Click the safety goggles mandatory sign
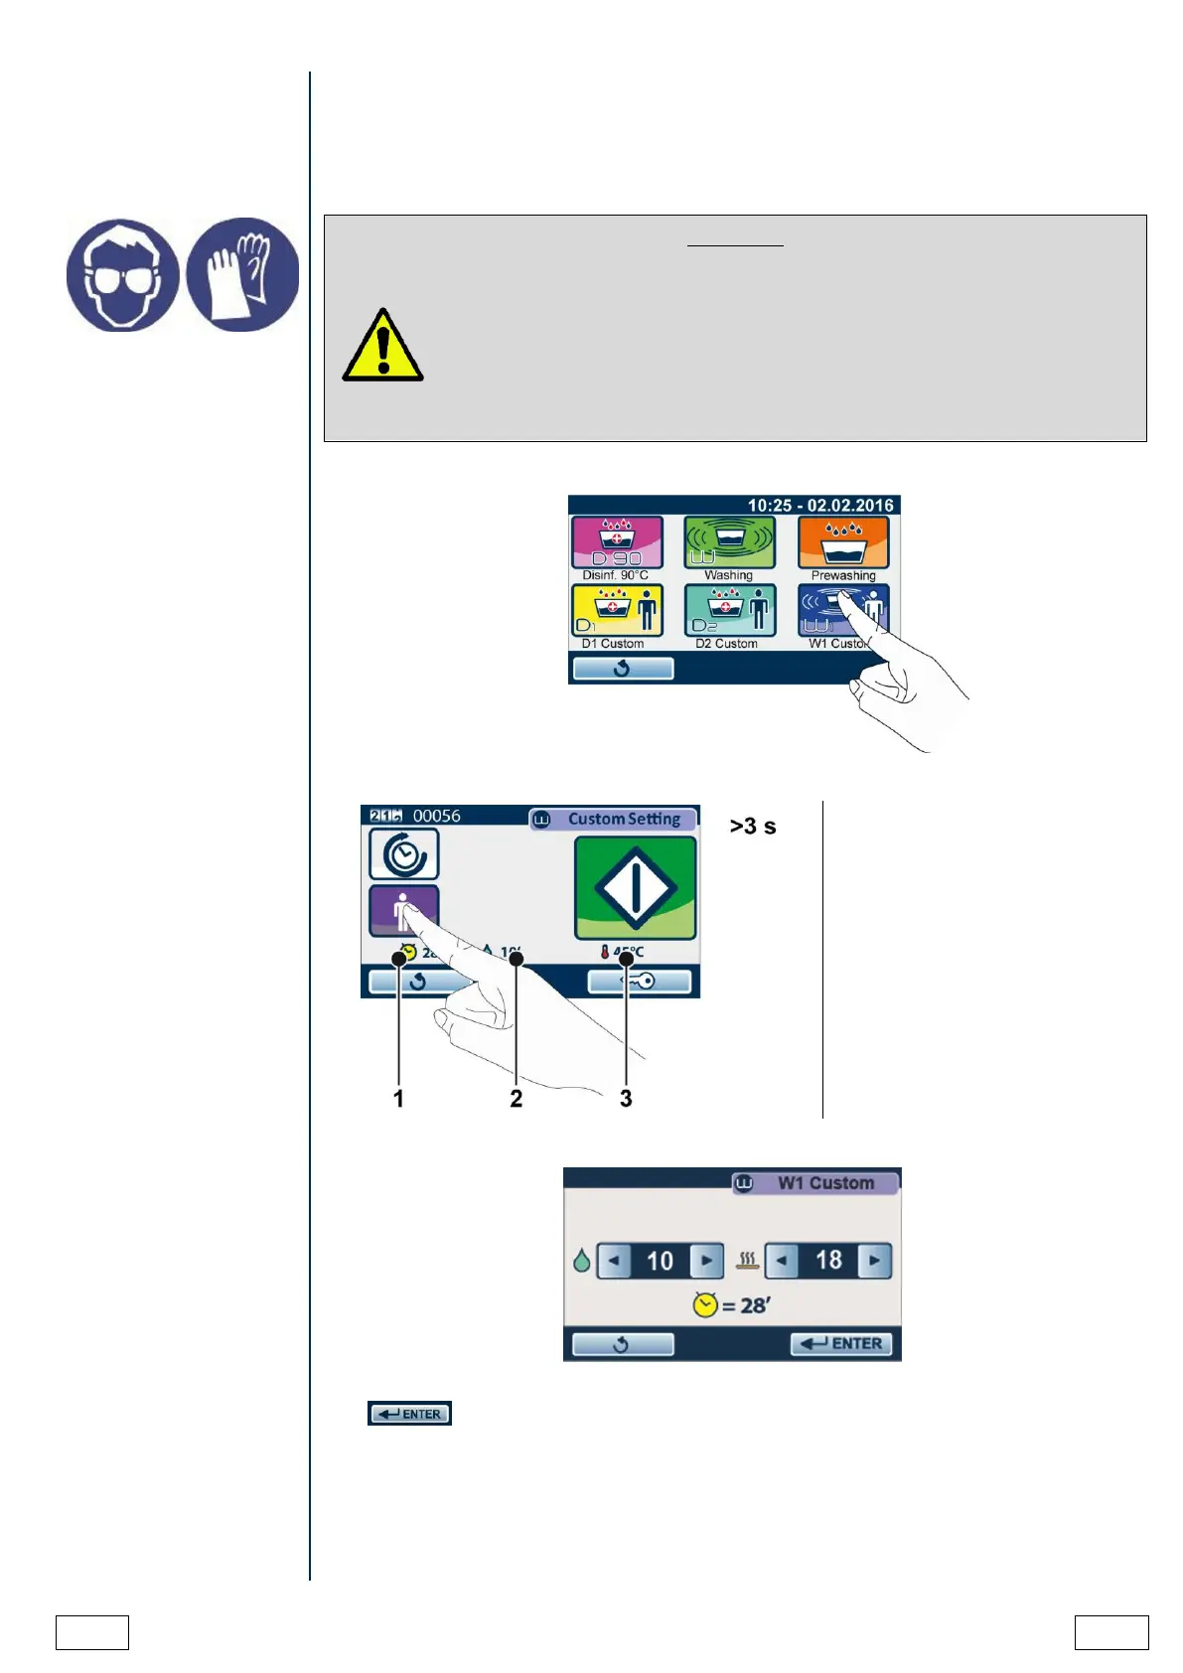coord(123,275)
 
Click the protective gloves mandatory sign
coord(242,275)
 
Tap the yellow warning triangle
coord(382,347)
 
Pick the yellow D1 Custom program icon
coord(616,610)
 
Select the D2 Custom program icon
coord(729,610)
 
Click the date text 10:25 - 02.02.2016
coord(820,506)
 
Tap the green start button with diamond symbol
coord(636,887)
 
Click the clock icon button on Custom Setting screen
coord(404,854)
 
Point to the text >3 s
coord(753,827)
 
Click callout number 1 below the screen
coord(398,1099)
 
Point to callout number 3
coord(626,1099)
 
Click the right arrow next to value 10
coord(706,1261)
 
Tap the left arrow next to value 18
coord(782,1261)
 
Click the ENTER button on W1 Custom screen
coord(841,1344)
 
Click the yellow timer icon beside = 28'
coord(705,1305)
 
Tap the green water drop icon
coord(582,1262)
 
